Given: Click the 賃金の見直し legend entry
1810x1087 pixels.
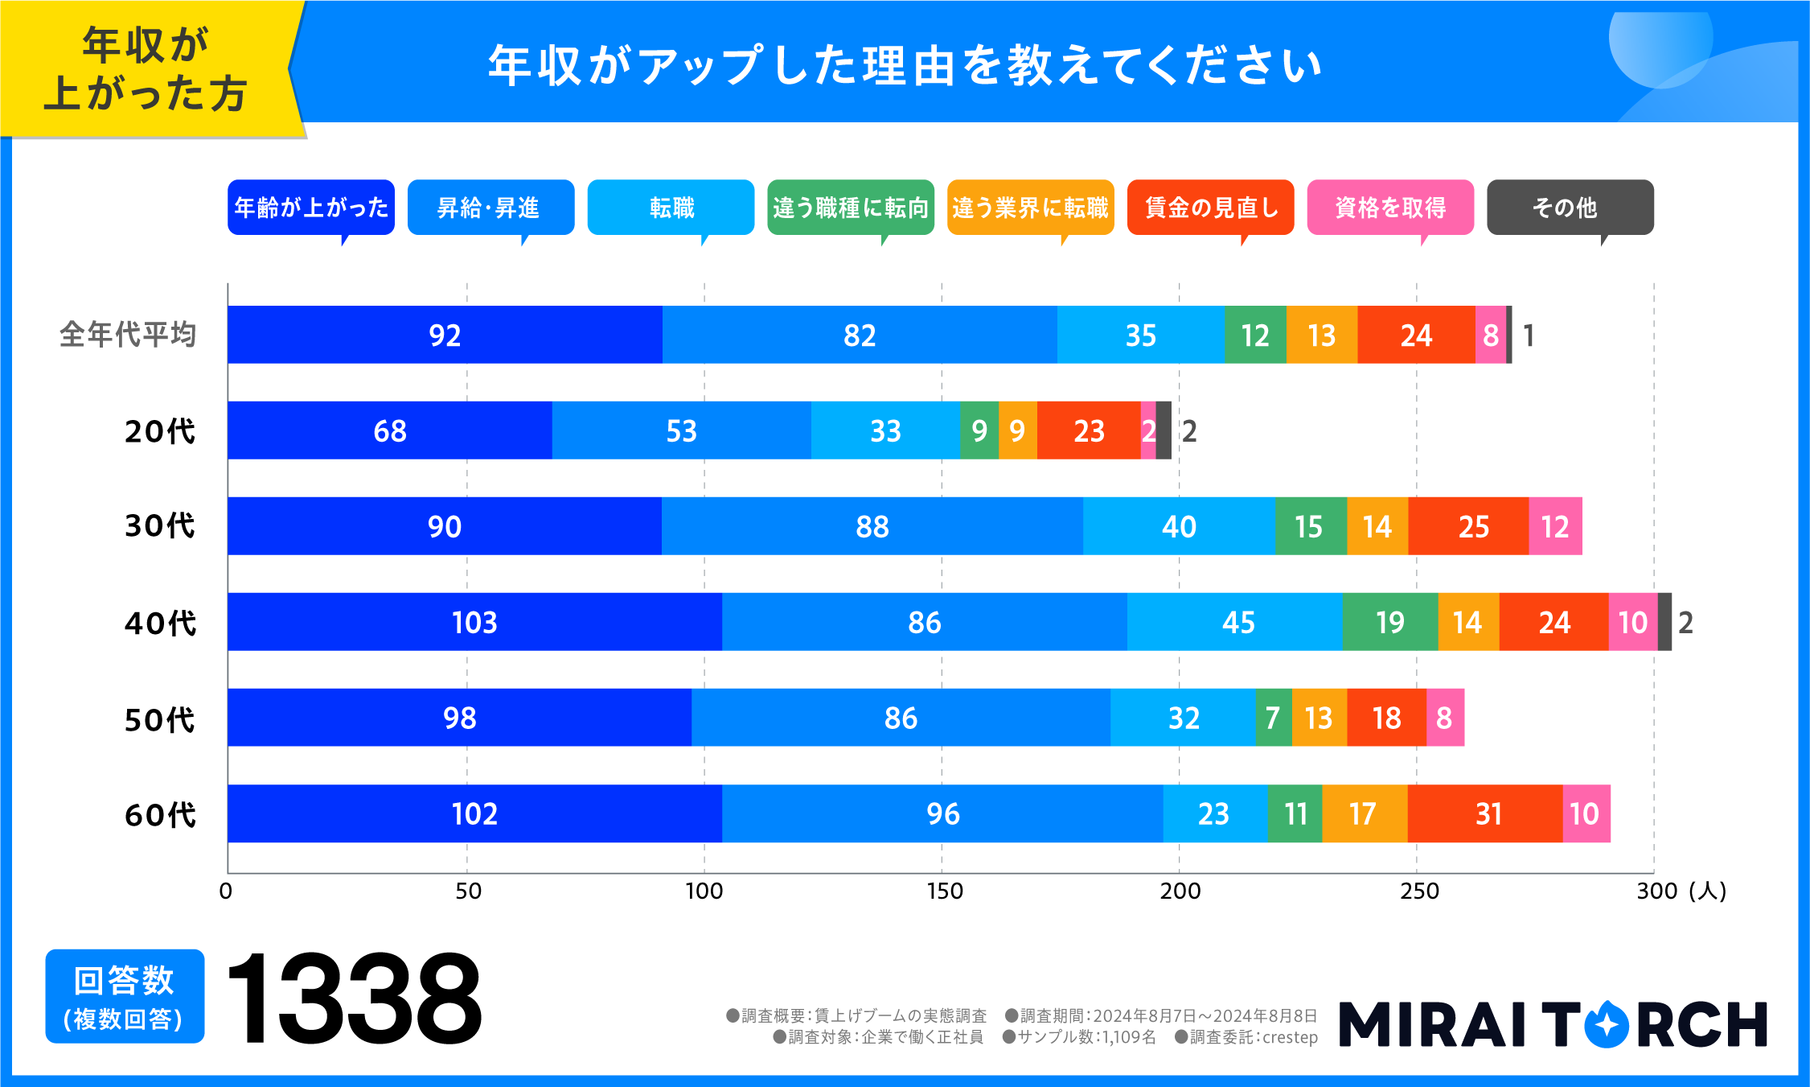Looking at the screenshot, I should (1210, 208).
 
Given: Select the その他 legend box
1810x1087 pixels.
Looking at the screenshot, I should (1570, 208).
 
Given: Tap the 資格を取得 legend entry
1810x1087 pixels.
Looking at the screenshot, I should (1390, 208).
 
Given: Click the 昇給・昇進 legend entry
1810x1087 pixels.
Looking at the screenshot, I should (490, 208).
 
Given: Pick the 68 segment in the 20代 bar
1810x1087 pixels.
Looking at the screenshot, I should (390, 430).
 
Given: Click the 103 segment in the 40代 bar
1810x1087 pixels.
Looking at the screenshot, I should (474, 622).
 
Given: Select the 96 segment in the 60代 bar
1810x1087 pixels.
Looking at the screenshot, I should (942, 813).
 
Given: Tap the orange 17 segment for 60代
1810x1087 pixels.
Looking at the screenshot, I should (1364, 813).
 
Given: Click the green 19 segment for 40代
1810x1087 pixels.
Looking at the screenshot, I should (1389, 622).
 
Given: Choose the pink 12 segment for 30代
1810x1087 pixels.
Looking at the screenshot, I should (1555, 526).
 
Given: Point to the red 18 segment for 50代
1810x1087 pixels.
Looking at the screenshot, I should (1386, 718).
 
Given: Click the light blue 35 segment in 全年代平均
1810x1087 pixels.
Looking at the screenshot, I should (1140, 335).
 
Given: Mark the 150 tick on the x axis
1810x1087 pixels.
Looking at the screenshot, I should (944, 891).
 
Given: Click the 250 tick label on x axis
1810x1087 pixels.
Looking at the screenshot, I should (1419, 891).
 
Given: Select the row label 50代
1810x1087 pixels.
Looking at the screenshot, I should (159, 719).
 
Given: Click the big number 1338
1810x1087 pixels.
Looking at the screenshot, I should (354, 998).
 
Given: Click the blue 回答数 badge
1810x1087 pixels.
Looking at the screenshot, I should (125, 997).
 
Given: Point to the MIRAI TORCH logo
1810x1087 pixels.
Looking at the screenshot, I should (1553, 1024).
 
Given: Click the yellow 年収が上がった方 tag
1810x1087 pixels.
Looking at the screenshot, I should (145, 69).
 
